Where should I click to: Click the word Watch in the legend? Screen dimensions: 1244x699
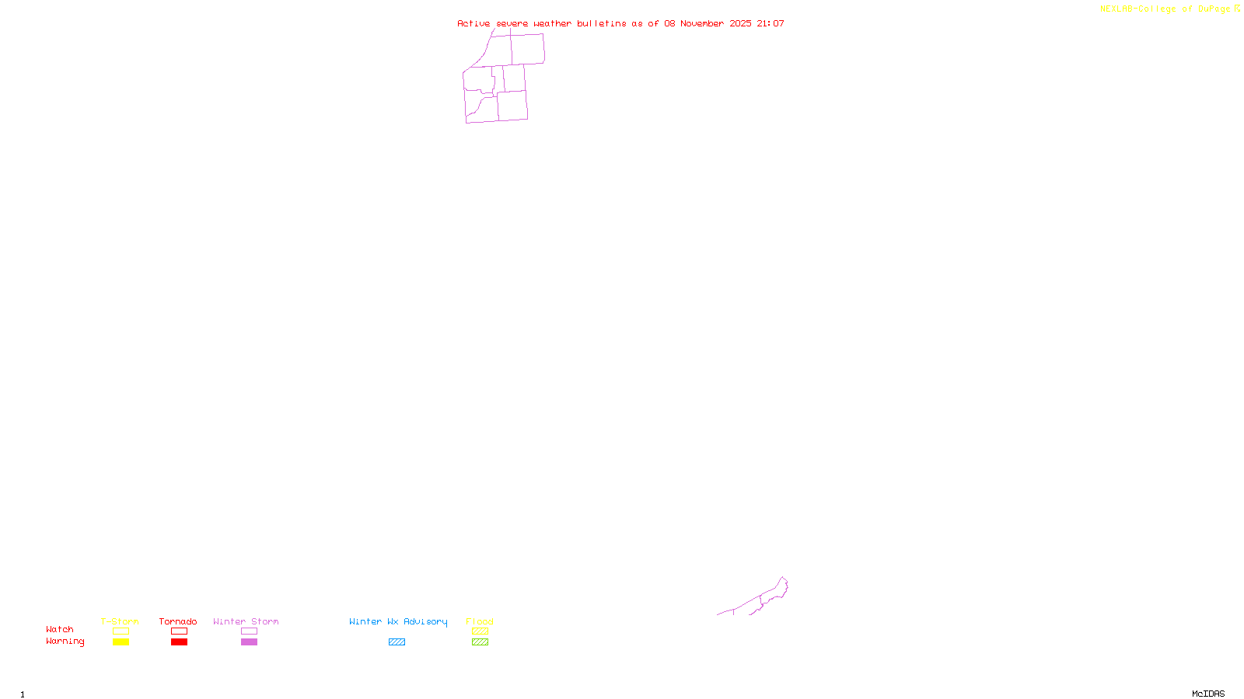coord(60,630)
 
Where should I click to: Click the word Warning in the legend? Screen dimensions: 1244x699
coord(65,642)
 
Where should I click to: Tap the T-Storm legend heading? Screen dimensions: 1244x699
coord(120,621)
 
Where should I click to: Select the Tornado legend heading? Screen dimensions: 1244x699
coord(178,621)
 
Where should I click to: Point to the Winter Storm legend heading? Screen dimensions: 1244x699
coord(246,621)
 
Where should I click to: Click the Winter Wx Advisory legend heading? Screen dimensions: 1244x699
coord(398,621)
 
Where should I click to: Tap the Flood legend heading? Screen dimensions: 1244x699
coord(480,621)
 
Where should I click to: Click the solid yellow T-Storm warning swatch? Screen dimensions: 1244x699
coord(121,642)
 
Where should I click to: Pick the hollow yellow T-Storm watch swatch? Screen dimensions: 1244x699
coord(121,631)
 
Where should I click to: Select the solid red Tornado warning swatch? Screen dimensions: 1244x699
coord(179,642)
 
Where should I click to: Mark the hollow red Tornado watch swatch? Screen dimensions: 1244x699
coord(179,631)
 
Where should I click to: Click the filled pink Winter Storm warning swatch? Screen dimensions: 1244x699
coord(249,642)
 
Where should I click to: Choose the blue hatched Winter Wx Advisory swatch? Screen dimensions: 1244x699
coord(397,642)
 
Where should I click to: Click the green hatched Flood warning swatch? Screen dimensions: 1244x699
coord(480,642)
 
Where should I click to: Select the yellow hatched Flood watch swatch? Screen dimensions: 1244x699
coord(480,631)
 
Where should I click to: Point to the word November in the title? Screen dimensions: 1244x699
coord(702,23)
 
